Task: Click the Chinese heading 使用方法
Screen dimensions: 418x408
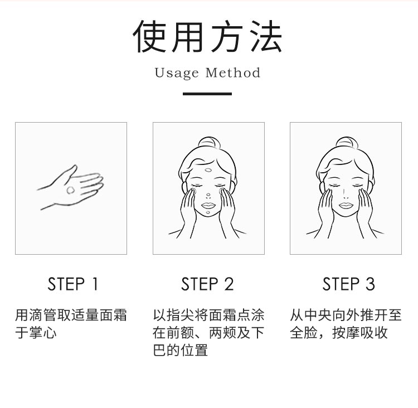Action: click(x=207, y=36)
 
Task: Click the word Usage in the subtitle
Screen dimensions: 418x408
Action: click(x=177, y=73)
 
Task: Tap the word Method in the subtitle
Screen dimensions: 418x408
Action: click(x=233, y=72)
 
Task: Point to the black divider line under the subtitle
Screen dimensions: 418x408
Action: click(x=207, y=94)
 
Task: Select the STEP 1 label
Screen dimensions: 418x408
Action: click(x=73, y=284)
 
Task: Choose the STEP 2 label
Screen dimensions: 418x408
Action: click(x=207, y=284)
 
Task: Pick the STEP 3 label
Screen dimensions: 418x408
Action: click(x=349, y=284)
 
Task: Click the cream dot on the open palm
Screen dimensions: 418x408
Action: click(x=71, y=190)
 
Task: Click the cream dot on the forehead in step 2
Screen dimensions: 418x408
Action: click(x=208, y=170)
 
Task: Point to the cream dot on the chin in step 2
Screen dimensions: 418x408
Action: click(x=208, y=213)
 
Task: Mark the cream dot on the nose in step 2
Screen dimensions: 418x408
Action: click(x=208, y=195)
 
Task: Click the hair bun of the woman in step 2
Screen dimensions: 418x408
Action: click(x=209, y=142)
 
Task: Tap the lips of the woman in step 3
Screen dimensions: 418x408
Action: click(x=346, y=205)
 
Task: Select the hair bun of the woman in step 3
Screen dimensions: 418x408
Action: click(x=347, y=142)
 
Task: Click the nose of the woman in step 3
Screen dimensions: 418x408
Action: click(x=345, y=194)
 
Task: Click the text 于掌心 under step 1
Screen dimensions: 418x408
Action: click(x=36, y=333)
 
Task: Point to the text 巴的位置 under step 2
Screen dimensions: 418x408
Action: click(x=180, y=350)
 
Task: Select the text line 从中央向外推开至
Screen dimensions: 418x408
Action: click(x=346, y=315)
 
